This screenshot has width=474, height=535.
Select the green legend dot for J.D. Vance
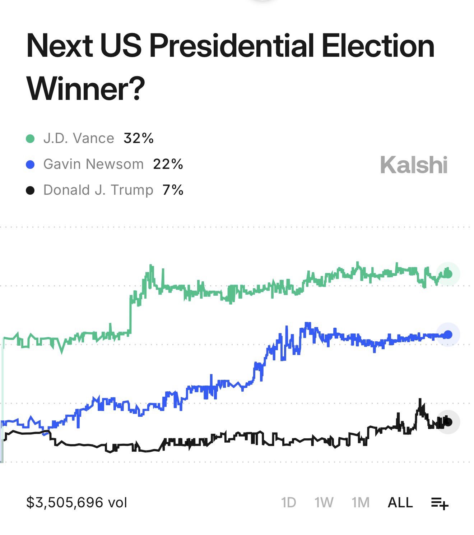(30, 139)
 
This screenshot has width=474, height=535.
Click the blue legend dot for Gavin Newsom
(30, 165)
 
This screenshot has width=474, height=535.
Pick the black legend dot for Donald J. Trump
(30, 190)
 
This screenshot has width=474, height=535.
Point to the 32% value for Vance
(138, 138)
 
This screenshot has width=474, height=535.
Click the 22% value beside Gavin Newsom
(168, 164)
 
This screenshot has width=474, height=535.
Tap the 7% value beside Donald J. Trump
(173, 190)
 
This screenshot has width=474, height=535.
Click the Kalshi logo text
(414, 165)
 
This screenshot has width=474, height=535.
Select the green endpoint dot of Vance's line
(448, 274)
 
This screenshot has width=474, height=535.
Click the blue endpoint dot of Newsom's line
(448, 335)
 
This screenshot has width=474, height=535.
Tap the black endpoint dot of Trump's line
(448, 422)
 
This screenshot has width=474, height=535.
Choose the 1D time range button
(288, 503)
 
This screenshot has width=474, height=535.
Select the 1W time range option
(324, 503)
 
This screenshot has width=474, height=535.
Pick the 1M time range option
(360, 503)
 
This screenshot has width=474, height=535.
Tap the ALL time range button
(400, 503)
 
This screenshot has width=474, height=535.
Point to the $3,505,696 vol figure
(76, 503)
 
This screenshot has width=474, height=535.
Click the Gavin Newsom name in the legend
(93, 164)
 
